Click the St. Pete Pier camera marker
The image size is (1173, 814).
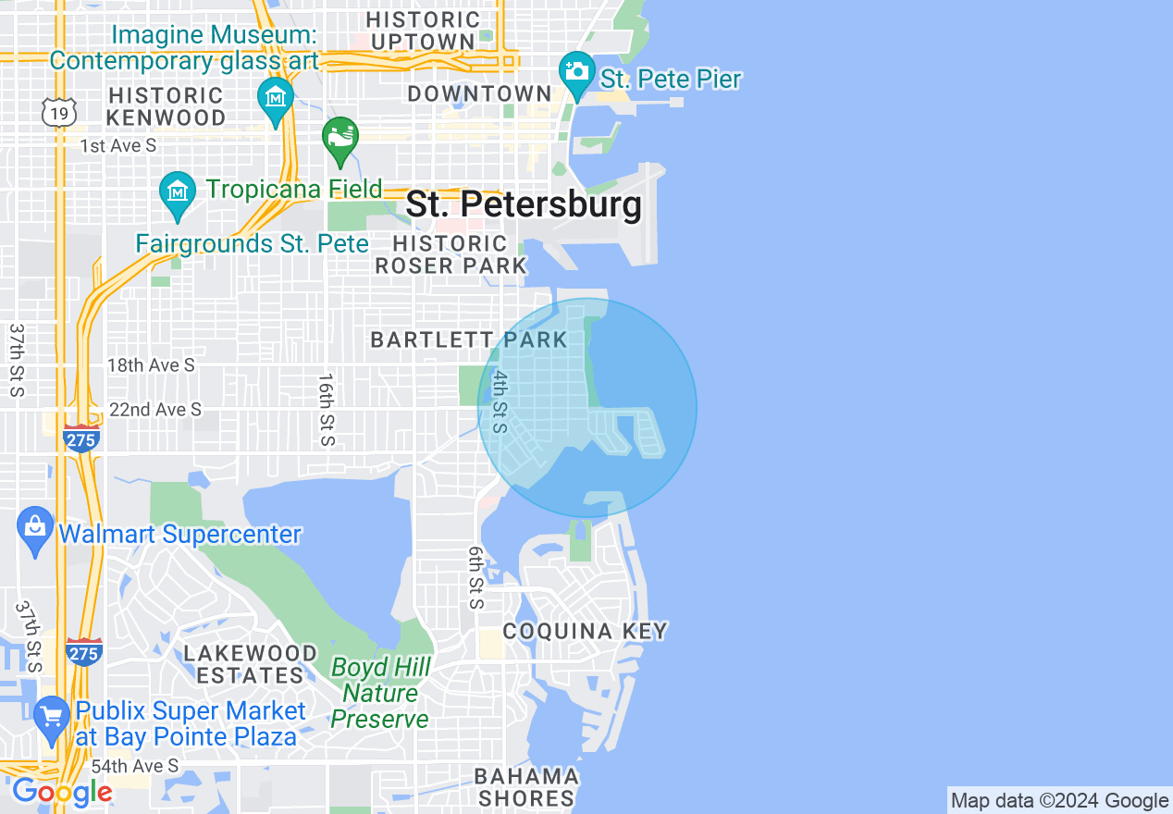tap(576, 71)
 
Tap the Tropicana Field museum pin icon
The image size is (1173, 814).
tap(177, 191)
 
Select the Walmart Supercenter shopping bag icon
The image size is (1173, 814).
tap(35, 529)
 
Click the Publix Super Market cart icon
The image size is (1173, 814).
tap(52, 717)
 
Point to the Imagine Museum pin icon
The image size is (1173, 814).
tap(275, 97)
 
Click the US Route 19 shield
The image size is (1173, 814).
tap(57, 112)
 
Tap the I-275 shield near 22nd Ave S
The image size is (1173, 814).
tap(81, 439)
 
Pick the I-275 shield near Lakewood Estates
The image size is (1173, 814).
tap(84, 651)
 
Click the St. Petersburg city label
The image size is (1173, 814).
tap(524, 204)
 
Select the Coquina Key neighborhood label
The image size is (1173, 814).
tap(585, 632)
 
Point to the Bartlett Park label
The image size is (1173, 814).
tap(469, 339)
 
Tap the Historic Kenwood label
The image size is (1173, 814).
tap(167, 106)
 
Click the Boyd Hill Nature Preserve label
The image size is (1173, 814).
tap(380, 693)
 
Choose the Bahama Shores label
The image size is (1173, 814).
tap(527, 787)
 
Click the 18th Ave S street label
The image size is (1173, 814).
tap(151, 365)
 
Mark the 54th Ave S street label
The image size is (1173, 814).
tap(135, 766)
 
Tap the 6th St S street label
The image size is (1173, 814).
tap(476, 577)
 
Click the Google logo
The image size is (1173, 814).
tap(62, 793)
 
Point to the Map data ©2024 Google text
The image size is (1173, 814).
tap(1060, 801)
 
